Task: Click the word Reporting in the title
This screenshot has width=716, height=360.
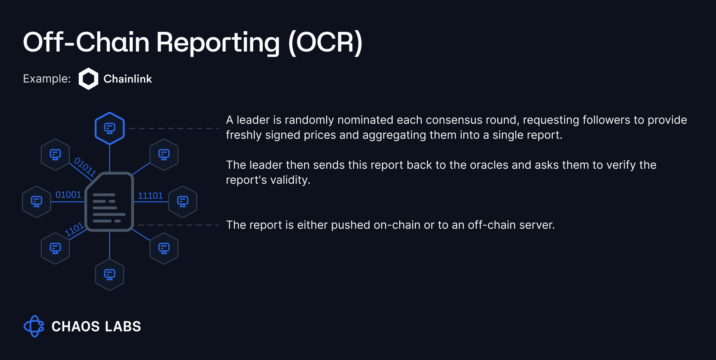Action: (x=218, y=43)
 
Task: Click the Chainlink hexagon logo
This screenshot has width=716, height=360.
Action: (x=88, y=79)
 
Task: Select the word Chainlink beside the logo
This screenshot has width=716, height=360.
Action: (x=127, y=79)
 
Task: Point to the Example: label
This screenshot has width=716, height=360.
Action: (x=47, y=79)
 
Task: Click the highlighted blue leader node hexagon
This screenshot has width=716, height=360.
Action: (x=110, y=128)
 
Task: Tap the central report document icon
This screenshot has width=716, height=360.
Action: (x=109, y=202)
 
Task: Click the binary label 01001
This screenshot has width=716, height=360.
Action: (x=68, y=195)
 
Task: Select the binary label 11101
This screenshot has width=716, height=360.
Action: (x=150, y=196)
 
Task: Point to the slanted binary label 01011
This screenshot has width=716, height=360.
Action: (x=85, y=167)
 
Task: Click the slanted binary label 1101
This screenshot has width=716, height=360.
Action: (x=74, y=229)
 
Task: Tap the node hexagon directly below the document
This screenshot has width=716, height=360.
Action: (x=110, y=275)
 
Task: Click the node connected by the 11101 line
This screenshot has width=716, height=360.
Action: (x=183, y=202)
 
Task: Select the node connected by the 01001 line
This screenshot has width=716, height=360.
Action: (x=37, y=202)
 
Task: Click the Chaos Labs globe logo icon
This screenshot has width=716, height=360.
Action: (x=34, y=326)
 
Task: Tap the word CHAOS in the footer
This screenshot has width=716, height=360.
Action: (x=76, y=327)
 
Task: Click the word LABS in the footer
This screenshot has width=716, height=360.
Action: (x=123, y=327)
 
